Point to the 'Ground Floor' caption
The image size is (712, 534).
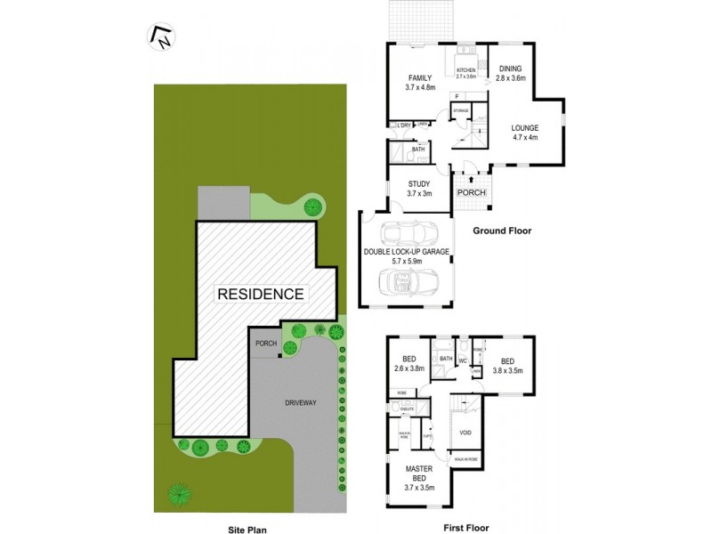501,230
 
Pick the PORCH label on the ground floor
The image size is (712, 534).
471,192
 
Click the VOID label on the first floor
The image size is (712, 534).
464,433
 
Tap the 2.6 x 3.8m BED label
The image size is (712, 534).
409,364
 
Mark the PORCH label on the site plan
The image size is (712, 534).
265,344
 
